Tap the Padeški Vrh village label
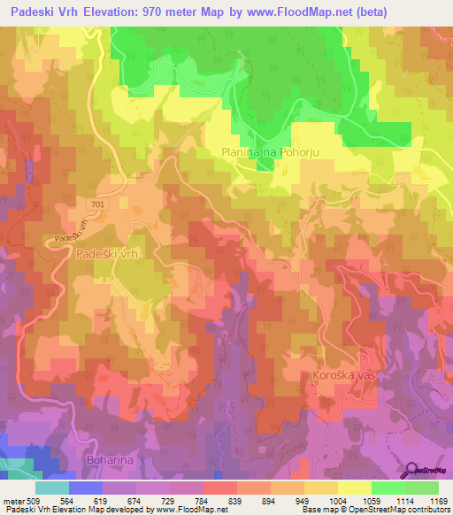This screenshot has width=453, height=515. point(110,253)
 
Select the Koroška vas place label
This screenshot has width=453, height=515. point(344,376)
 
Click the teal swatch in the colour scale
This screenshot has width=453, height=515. point(52,488)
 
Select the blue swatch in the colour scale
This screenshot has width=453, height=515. point(86,488)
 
